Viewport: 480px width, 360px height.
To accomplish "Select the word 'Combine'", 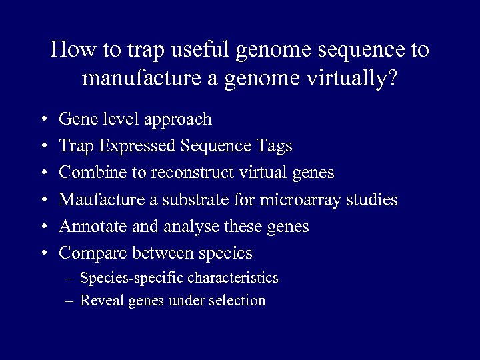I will click(87, 173).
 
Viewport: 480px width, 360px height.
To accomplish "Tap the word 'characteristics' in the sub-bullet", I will click(233, 278).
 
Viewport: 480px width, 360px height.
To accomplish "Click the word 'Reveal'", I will click(100, 301).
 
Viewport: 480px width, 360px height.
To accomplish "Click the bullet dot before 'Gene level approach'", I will click(43, 120).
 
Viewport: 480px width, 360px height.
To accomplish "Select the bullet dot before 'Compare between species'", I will click(43, 253).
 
